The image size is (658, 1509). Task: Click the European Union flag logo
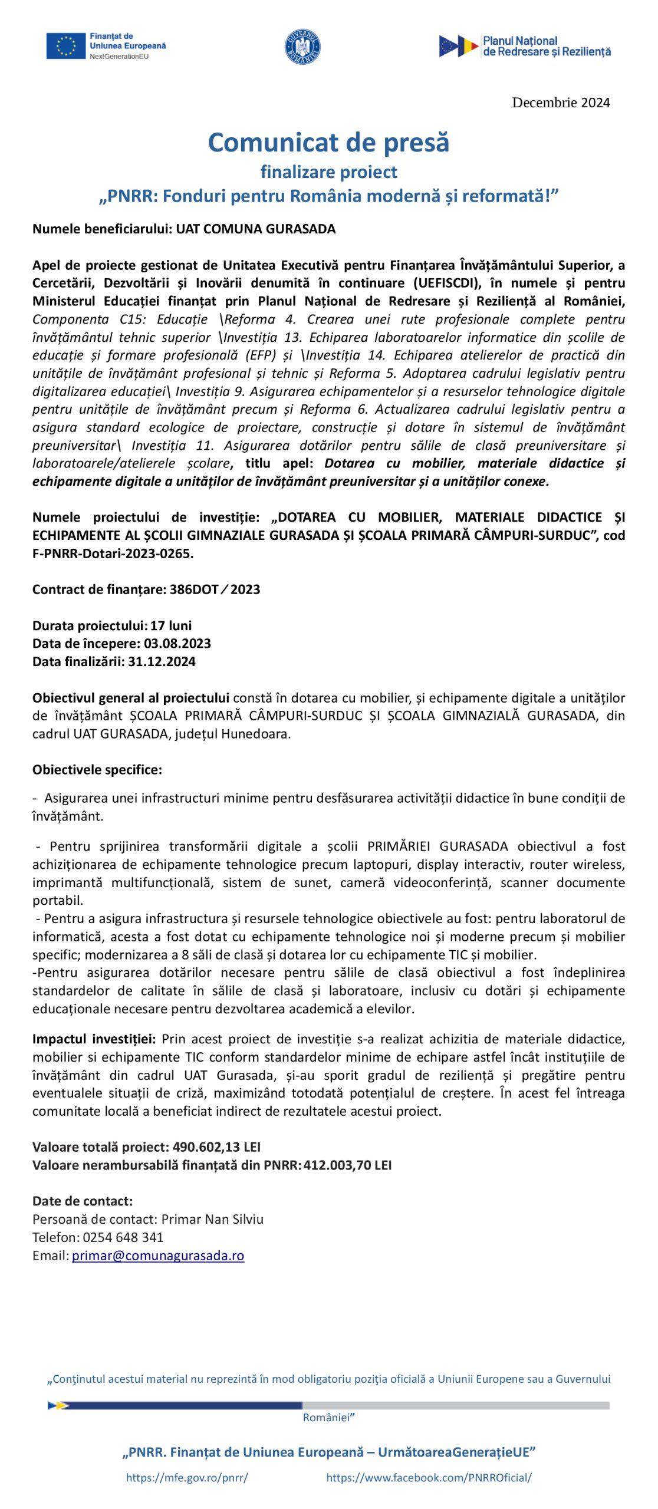pyautogui.click(x=66, y=46)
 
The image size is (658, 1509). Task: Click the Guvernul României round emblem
pyautogui.click(x=303, y=46)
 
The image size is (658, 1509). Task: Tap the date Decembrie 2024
pyautogui.click(x=561, y=103)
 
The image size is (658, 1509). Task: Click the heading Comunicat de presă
pyautogui.click(x=328, y=143)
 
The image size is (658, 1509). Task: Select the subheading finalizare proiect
pyautogui.click(x=328, y=172)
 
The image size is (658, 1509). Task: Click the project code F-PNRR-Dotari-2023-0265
pyautogui.click(x=113, y=553)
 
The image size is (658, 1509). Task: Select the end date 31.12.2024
pyautogui.click(x=162, y=661)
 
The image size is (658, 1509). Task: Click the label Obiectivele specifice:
pyautogui.click(x=97, y=770)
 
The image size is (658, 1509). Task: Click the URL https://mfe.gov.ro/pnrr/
pyautogui.click(x=187, y=1478)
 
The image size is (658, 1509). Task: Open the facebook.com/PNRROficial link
pyautogui.click(x=429, y=1478)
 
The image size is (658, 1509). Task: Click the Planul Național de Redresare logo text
pyautogui.click(x=545, y=47)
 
